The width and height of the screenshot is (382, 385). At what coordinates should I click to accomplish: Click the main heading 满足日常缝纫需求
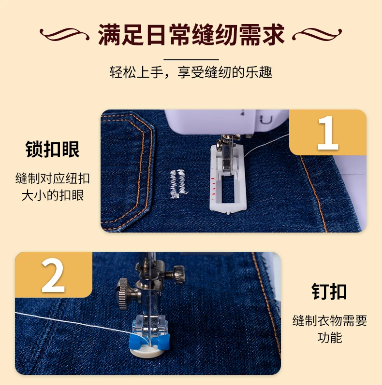(191, 35)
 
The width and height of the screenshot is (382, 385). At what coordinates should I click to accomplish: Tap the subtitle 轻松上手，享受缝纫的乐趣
(191, 72)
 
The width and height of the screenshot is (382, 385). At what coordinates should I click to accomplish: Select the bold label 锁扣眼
(52, 149)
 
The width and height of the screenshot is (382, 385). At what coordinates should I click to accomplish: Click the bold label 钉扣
(329, 291)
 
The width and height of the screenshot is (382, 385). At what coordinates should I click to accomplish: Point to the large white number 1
(328, 133)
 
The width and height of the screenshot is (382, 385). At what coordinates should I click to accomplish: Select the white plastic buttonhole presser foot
(227, 179)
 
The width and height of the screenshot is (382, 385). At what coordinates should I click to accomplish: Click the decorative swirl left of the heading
(64, 34)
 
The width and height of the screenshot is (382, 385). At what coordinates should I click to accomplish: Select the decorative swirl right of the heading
(317, 34)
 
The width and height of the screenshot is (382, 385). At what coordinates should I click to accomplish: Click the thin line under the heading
(191, 60)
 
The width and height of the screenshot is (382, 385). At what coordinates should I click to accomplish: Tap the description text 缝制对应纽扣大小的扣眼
(52, 187)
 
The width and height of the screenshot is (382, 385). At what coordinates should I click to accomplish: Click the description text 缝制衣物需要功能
(329, 329)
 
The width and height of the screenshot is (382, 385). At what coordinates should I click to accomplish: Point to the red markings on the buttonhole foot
(213, 183)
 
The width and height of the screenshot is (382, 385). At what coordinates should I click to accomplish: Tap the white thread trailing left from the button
(74, 325)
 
